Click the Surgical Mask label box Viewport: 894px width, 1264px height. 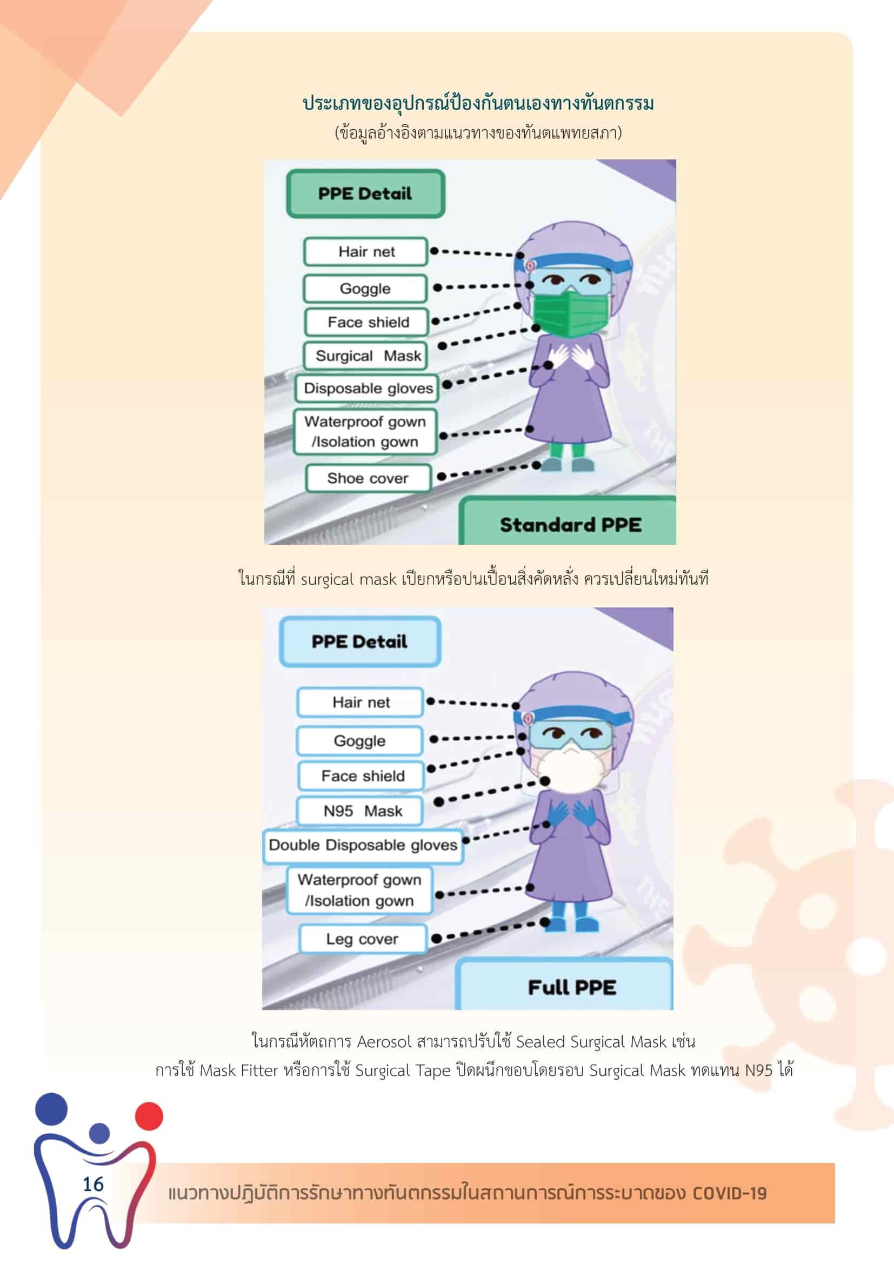tap(365, 356)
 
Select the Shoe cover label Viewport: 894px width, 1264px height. tap(368, 478)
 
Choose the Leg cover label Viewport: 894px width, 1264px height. tap(363, 939)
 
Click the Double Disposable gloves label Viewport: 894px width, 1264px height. tap(363, 845)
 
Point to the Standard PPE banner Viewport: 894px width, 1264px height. tap(568, 522)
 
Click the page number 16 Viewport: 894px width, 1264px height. tap(93, 1183)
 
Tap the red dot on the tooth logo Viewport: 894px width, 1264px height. tap(149, 1116)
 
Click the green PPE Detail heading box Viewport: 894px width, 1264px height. tap(365, 193)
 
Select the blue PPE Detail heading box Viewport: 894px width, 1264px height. tap(360, 642)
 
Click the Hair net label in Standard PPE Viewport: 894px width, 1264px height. tap(365, 252)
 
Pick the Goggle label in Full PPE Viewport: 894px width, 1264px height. tap(359, 740)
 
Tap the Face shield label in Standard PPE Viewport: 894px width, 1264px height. tap(366, 322)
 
